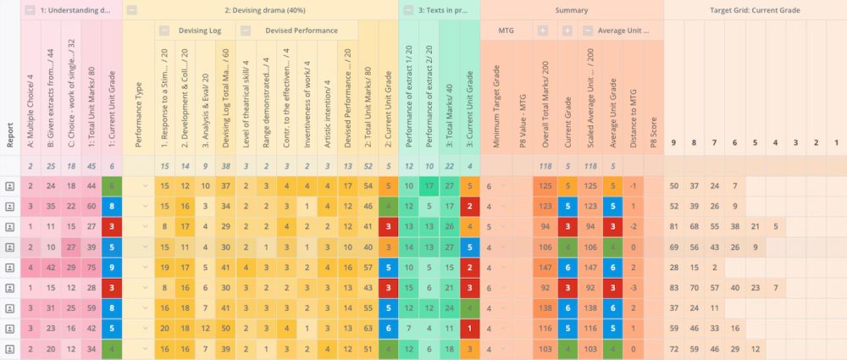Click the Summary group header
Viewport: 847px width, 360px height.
pyautogui.click(x=572, y=10)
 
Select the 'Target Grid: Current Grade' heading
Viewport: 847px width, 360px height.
pyautogui.click(x=755, y=10)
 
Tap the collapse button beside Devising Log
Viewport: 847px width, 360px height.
pyautogui.click(x=163, y=30)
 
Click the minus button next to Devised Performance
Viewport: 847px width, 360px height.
pyautogui.click(x=246, y=30)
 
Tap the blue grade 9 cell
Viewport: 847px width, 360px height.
pyautogui.click(x=112, y=267)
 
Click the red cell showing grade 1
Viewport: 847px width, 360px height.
pyautogui.click(x=469, y=328)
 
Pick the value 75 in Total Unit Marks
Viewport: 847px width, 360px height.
pyautogui.click(x=91, y=267)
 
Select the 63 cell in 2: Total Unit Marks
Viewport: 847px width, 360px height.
pyautogui.click(x=368, y=328)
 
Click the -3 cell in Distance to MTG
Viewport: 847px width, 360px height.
pyautogui.click(x=633, y=287)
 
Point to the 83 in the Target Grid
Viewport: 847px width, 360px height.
pyautogui.click(x=674, y=287)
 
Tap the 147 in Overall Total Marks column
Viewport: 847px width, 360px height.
pyautogui.click(x=544, y=267)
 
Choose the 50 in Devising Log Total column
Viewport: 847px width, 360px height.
pyautogui.click(x=225, y=328)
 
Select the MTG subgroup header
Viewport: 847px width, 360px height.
pyautogui.click(x=506, y=30)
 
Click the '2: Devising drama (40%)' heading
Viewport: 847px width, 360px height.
pyautogui.click(x=263, y=10)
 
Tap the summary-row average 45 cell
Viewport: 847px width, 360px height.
pyautogui.click(x=91, y=166)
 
